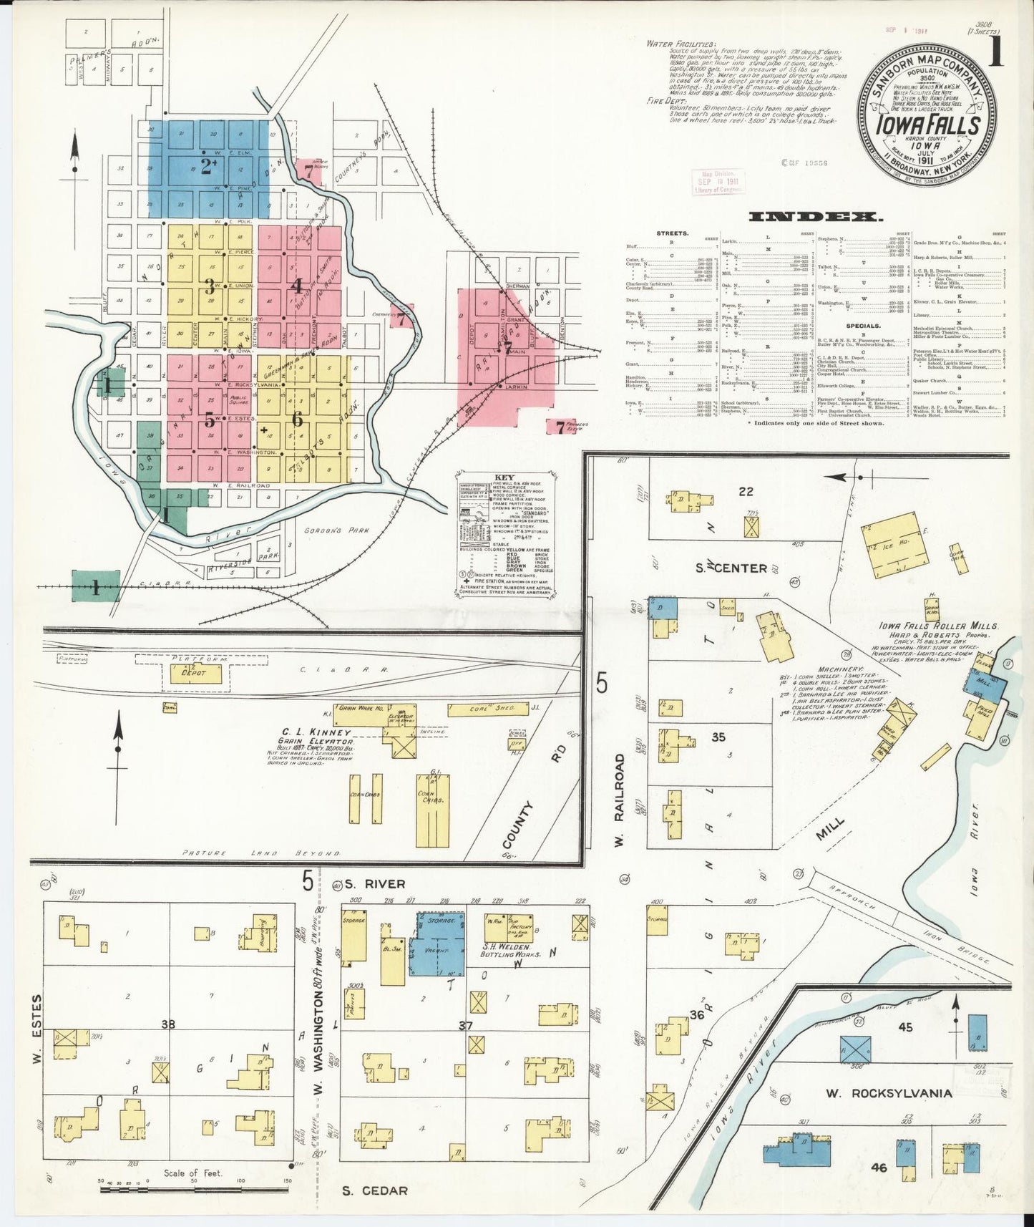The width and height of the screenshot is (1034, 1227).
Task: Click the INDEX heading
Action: [815, 216]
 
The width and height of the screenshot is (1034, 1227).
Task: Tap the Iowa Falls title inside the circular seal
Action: [928, 125]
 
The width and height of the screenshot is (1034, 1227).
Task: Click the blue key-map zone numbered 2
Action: [208, 168]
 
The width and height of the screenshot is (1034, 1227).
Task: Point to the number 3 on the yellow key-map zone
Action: [209, 287]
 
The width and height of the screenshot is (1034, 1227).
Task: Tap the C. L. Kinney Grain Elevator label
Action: [315, 737]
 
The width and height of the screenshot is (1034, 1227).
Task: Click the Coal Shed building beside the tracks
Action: [493, 709]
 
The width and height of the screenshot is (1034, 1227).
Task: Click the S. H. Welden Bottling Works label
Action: [504, 949]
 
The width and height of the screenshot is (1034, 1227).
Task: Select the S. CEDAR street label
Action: [374, 1191]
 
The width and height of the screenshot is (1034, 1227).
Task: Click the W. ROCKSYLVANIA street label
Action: [889, 1093]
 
